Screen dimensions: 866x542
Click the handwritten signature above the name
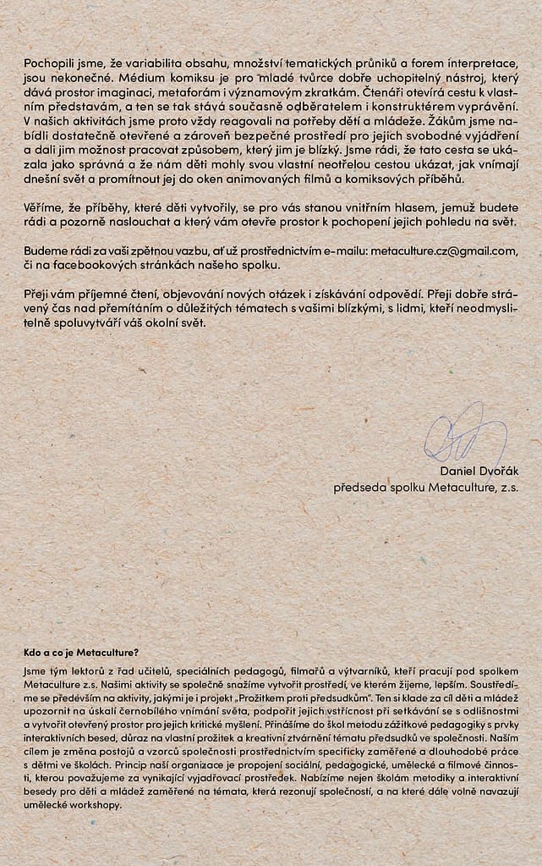click(464, 433)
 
